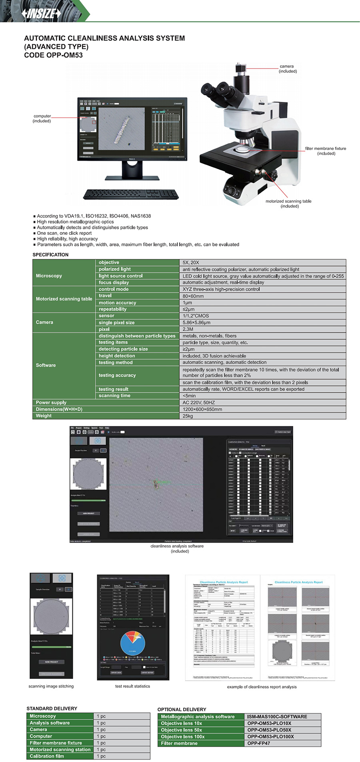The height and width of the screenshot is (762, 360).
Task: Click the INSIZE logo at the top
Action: (42, 14)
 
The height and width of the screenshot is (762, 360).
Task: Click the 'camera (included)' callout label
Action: (287, 69)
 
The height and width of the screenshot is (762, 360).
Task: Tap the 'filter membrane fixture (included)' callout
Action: (326, 151)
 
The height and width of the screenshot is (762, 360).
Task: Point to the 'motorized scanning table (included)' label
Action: (289, 204)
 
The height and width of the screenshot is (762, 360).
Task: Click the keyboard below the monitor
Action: (130, 194)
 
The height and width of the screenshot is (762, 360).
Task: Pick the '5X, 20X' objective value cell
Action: (191, 262)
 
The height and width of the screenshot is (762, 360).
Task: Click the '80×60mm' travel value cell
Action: (193, 296)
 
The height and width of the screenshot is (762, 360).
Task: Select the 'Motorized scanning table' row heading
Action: (64, 299)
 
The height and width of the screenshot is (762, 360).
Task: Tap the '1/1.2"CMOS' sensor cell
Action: (196, 316)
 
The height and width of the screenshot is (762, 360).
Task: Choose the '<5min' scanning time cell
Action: (189, 396)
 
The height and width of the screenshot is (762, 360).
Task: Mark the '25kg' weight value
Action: (188, 416)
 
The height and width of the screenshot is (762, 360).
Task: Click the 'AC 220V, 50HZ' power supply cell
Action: (198, 402)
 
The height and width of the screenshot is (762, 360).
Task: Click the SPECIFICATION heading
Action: (50, 254)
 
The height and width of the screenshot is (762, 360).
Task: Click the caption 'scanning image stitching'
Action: (51, 686)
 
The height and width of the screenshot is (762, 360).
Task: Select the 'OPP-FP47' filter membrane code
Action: (258, 743)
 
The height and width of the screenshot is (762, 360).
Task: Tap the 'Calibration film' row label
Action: (47, 756)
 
